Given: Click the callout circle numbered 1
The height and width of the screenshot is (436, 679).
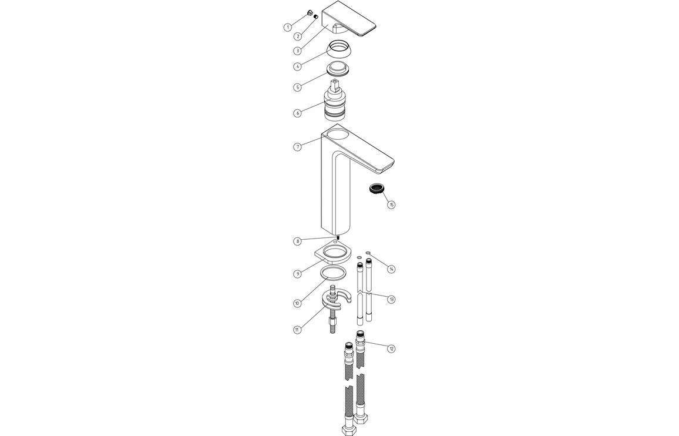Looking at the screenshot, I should pos(288,27).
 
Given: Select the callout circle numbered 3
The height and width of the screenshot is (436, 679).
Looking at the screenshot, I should pos(298,51).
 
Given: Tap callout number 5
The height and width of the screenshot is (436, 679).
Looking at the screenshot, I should pos(298,88).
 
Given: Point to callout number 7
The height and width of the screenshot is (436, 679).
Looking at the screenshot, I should pos(298,146).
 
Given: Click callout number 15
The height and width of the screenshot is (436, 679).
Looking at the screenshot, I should pos(391,205).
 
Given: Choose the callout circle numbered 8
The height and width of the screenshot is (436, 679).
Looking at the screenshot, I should pos(298,241).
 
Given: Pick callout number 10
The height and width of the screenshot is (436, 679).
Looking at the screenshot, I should pos(298,303).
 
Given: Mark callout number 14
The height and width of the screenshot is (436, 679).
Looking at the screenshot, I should pos(391,269).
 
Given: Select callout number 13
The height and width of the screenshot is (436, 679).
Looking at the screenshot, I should pos(391,299).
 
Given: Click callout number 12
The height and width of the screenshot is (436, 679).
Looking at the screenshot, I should pos(391,348).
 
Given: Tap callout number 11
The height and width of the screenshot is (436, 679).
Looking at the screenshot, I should pos(298,330).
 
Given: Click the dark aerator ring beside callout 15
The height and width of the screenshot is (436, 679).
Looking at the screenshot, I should pos(376,189).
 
